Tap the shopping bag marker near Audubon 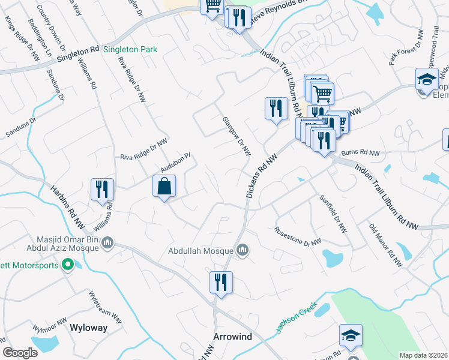164,187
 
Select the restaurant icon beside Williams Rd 102,189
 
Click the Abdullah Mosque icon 243,249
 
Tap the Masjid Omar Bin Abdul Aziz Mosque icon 108,243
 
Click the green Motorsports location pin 68,265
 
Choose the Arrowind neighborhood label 233,337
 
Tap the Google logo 20,353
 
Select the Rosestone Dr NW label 298,237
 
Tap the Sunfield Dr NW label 333,214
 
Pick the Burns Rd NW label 360,154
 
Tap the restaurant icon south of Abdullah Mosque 221,281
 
